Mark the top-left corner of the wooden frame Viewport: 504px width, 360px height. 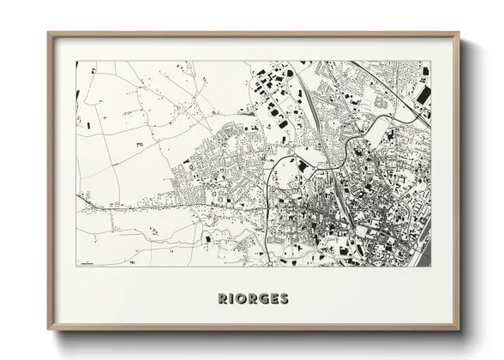coord(47,33)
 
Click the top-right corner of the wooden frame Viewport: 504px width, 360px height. coord(461,33)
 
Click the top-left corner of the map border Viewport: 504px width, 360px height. coord(75,61)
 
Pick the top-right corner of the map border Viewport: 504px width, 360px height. coord(432,61)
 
